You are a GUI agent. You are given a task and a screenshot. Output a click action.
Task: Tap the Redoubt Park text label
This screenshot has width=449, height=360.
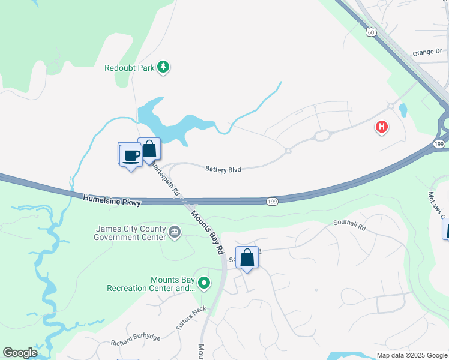[129, 68]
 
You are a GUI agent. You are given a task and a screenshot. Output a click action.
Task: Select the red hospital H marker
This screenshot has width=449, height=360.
[381, 127]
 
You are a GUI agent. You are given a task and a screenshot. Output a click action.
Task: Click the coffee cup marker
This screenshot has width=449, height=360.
[131, 156]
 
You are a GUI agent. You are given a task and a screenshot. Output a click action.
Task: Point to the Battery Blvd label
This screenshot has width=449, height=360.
[223, 170]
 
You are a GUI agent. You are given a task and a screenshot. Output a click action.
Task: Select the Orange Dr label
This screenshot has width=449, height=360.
[427, 53]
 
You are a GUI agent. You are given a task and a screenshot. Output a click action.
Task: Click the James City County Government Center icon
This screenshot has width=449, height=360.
[175, 232]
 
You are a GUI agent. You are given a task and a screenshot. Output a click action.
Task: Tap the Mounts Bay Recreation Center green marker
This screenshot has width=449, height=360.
[204, 282]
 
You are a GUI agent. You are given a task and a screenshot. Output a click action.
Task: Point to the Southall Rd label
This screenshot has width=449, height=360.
[349, 226]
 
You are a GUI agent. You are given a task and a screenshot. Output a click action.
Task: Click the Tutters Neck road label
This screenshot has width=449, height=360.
[191, 317]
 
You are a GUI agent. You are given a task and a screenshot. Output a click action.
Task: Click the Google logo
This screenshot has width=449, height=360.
[20, 353]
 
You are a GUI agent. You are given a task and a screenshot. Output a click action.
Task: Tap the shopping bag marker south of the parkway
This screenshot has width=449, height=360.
[247, 258]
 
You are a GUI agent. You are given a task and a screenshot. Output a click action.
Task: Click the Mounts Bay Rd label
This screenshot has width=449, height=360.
[208, 231]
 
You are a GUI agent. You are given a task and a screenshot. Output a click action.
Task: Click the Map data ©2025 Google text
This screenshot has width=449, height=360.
[412, 355]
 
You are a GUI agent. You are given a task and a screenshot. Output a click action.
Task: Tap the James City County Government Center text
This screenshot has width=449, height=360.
[130, 232]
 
